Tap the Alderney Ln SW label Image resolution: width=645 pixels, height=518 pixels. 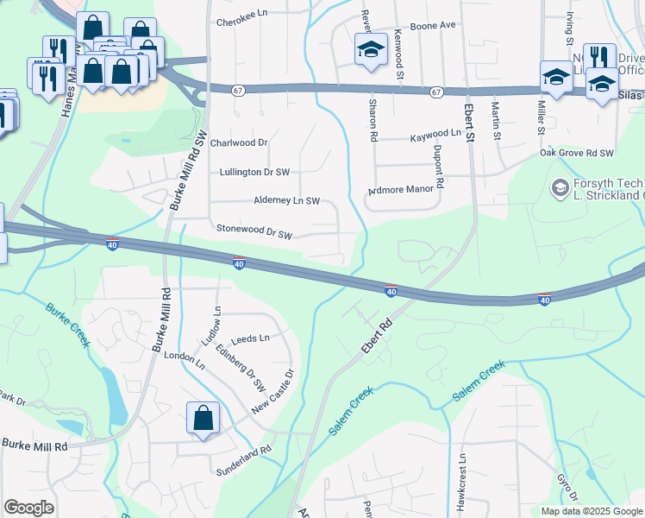click(287, 201)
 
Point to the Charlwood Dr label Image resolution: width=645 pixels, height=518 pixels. click(240, 142)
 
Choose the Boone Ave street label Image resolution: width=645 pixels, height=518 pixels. click(432, 25)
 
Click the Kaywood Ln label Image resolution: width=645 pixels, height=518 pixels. click(435, 134)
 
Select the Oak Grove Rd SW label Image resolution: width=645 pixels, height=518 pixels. click(576, 152)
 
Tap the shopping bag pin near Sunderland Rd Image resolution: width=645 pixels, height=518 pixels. click(203, 419)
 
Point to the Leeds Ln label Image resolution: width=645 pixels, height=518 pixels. click(251, 338)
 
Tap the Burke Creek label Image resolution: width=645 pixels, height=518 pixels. click(68, 325)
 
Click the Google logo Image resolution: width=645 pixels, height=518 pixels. click(28, 508)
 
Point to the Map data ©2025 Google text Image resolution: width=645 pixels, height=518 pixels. click(591, 511)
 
